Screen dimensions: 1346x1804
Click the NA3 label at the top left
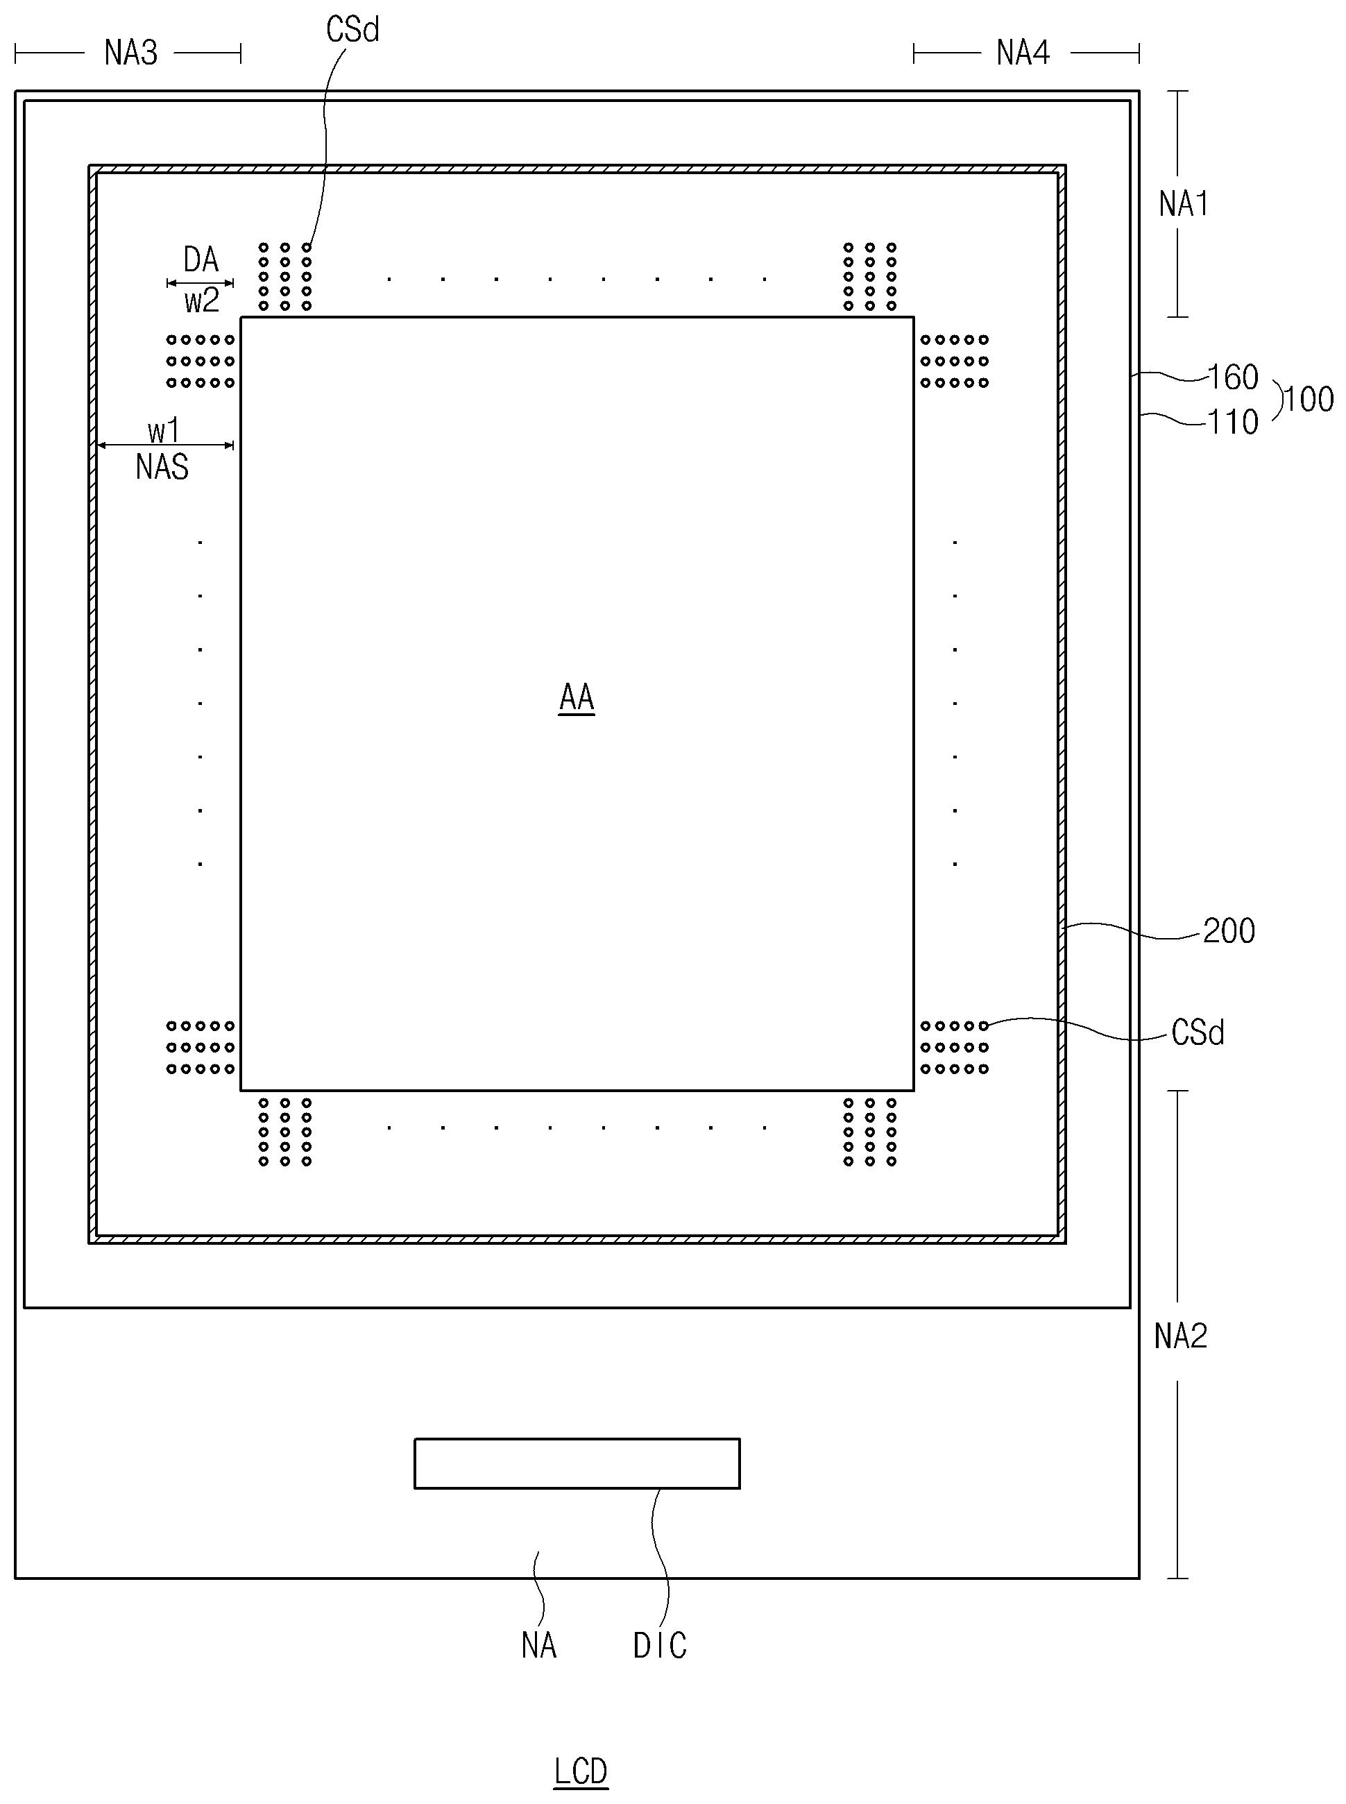click(x=130, y=54)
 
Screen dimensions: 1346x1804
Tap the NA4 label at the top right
click(x=1023, y=54)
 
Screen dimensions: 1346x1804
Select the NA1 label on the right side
click(x=1183, y=204)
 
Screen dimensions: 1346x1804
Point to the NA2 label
click(x=1179, y=1337)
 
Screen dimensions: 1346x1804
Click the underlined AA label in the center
click(x=576, y=698)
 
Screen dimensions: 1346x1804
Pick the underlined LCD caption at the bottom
click(x=580, y=1772)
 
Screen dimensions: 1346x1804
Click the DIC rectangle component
click(x=577, y=1463)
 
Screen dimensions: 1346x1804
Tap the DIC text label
click(x=660, y=1646)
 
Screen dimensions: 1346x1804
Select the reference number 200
click(x=1229, y=931)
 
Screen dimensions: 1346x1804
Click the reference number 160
click(x=1233, y=378)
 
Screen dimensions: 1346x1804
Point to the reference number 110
click(x=1233, y=422)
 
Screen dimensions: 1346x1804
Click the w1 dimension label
click(x=163, y=430)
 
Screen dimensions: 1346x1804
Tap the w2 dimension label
click(x=201, y=302)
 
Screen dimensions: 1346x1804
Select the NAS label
click(x=162, y=468)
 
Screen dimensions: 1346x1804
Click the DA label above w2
click(x=201, y=261)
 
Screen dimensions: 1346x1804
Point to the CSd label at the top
click(x=352, y=30)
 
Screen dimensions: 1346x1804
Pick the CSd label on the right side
click(x=1197, y=1033)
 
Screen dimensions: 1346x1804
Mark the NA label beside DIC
click(x=538, y=1646)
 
